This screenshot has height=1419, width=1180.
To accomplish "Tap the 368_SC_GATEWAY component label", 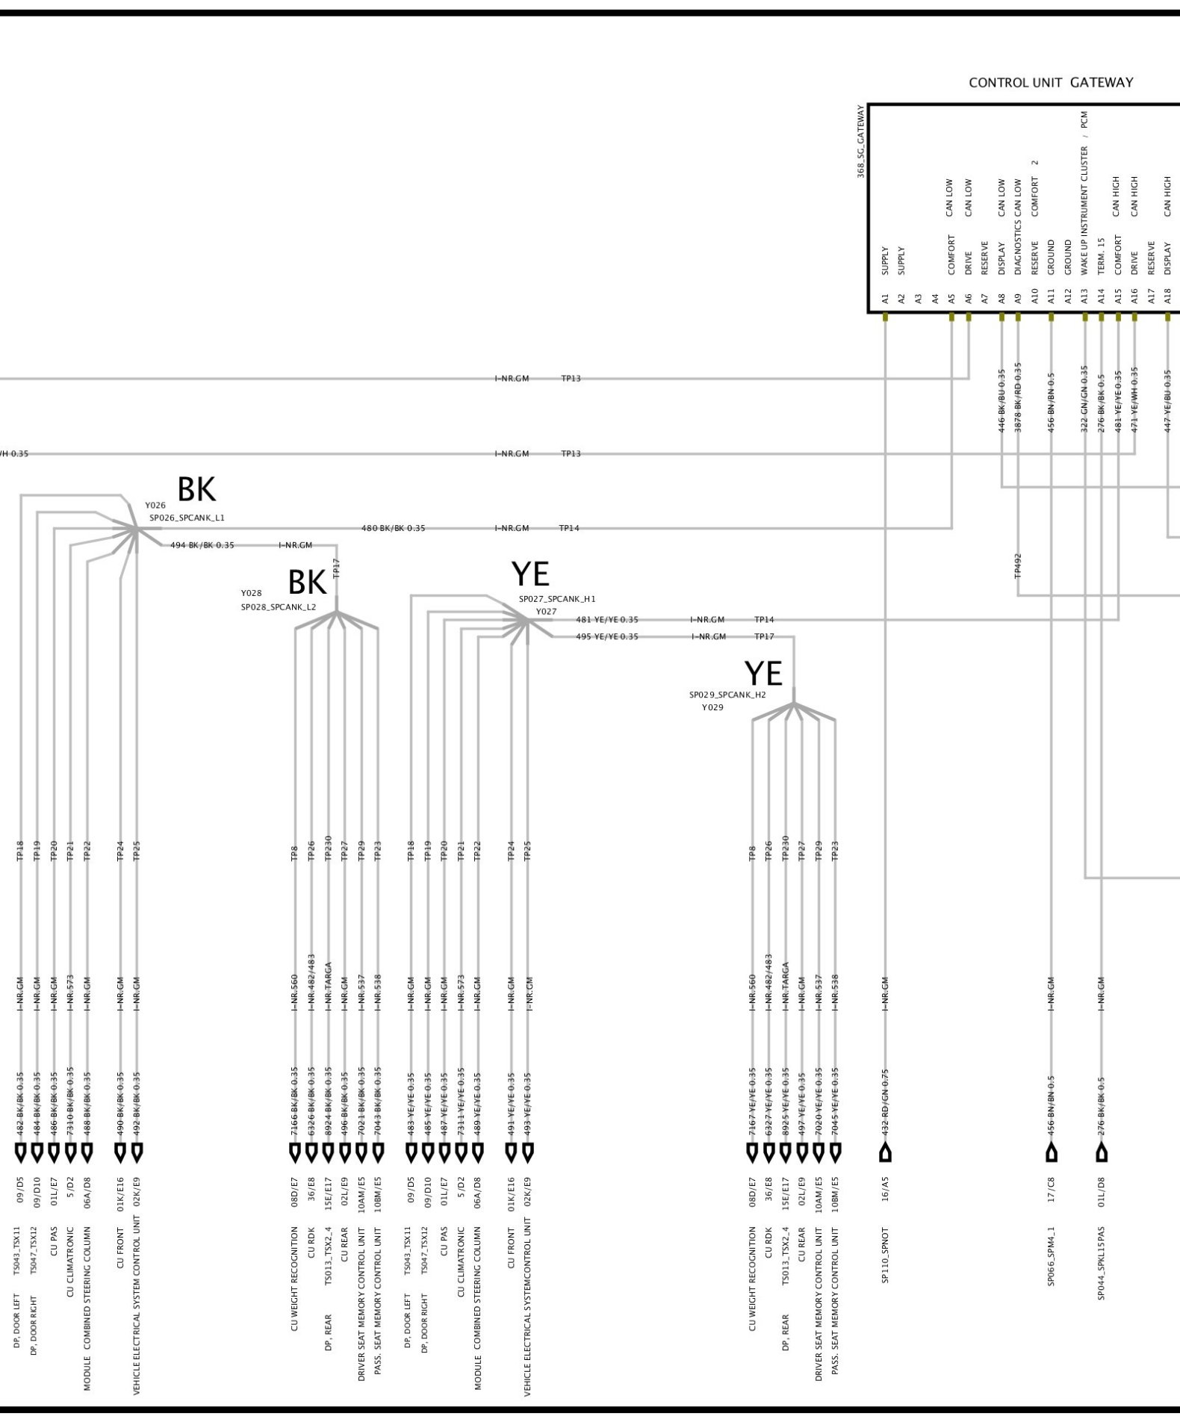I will pyautogui.click(x=861, y=141).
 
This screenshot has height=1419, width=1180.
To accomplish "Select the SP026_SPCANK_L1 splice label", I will pyautogui.click(x=187, y=518).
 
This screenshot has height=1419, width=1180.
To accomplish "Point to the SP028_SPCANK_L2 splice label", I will pyautogui.click(x=278, y=607).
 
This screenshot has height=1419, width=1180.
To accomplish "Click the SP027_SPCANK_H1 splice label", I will pyautogui.click(x=557, y=599).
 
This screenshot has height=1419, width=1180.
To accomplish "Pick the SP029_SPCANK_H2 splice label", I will pyautogui.click(x=727, y=695).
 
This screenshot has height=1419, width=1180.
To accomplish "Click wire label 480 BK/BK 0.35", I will pyautogui.click(x=393, y=528).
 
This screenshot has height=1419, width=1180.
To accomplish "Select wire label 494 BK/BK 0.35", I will pyautogui.click(x=202, y=545).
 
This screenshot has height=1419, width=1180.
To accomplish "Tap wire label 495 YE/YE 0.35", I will pyautogui.click(x=606, y=636).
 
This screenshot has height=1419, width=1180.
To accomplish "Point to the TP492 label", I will pyautogui.click(x=1018, y=565).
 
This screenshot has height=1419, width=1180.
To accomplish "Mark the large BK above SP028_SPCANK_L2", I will pyautogui.click(x=307, y=581).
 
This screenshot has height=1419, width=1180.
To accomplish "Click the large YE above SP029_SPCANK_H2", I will pyautogui.click(x=763, y=674).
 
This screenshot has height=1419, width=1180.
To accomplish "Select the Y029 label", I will pyautogui.click(x=712, y=707).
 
